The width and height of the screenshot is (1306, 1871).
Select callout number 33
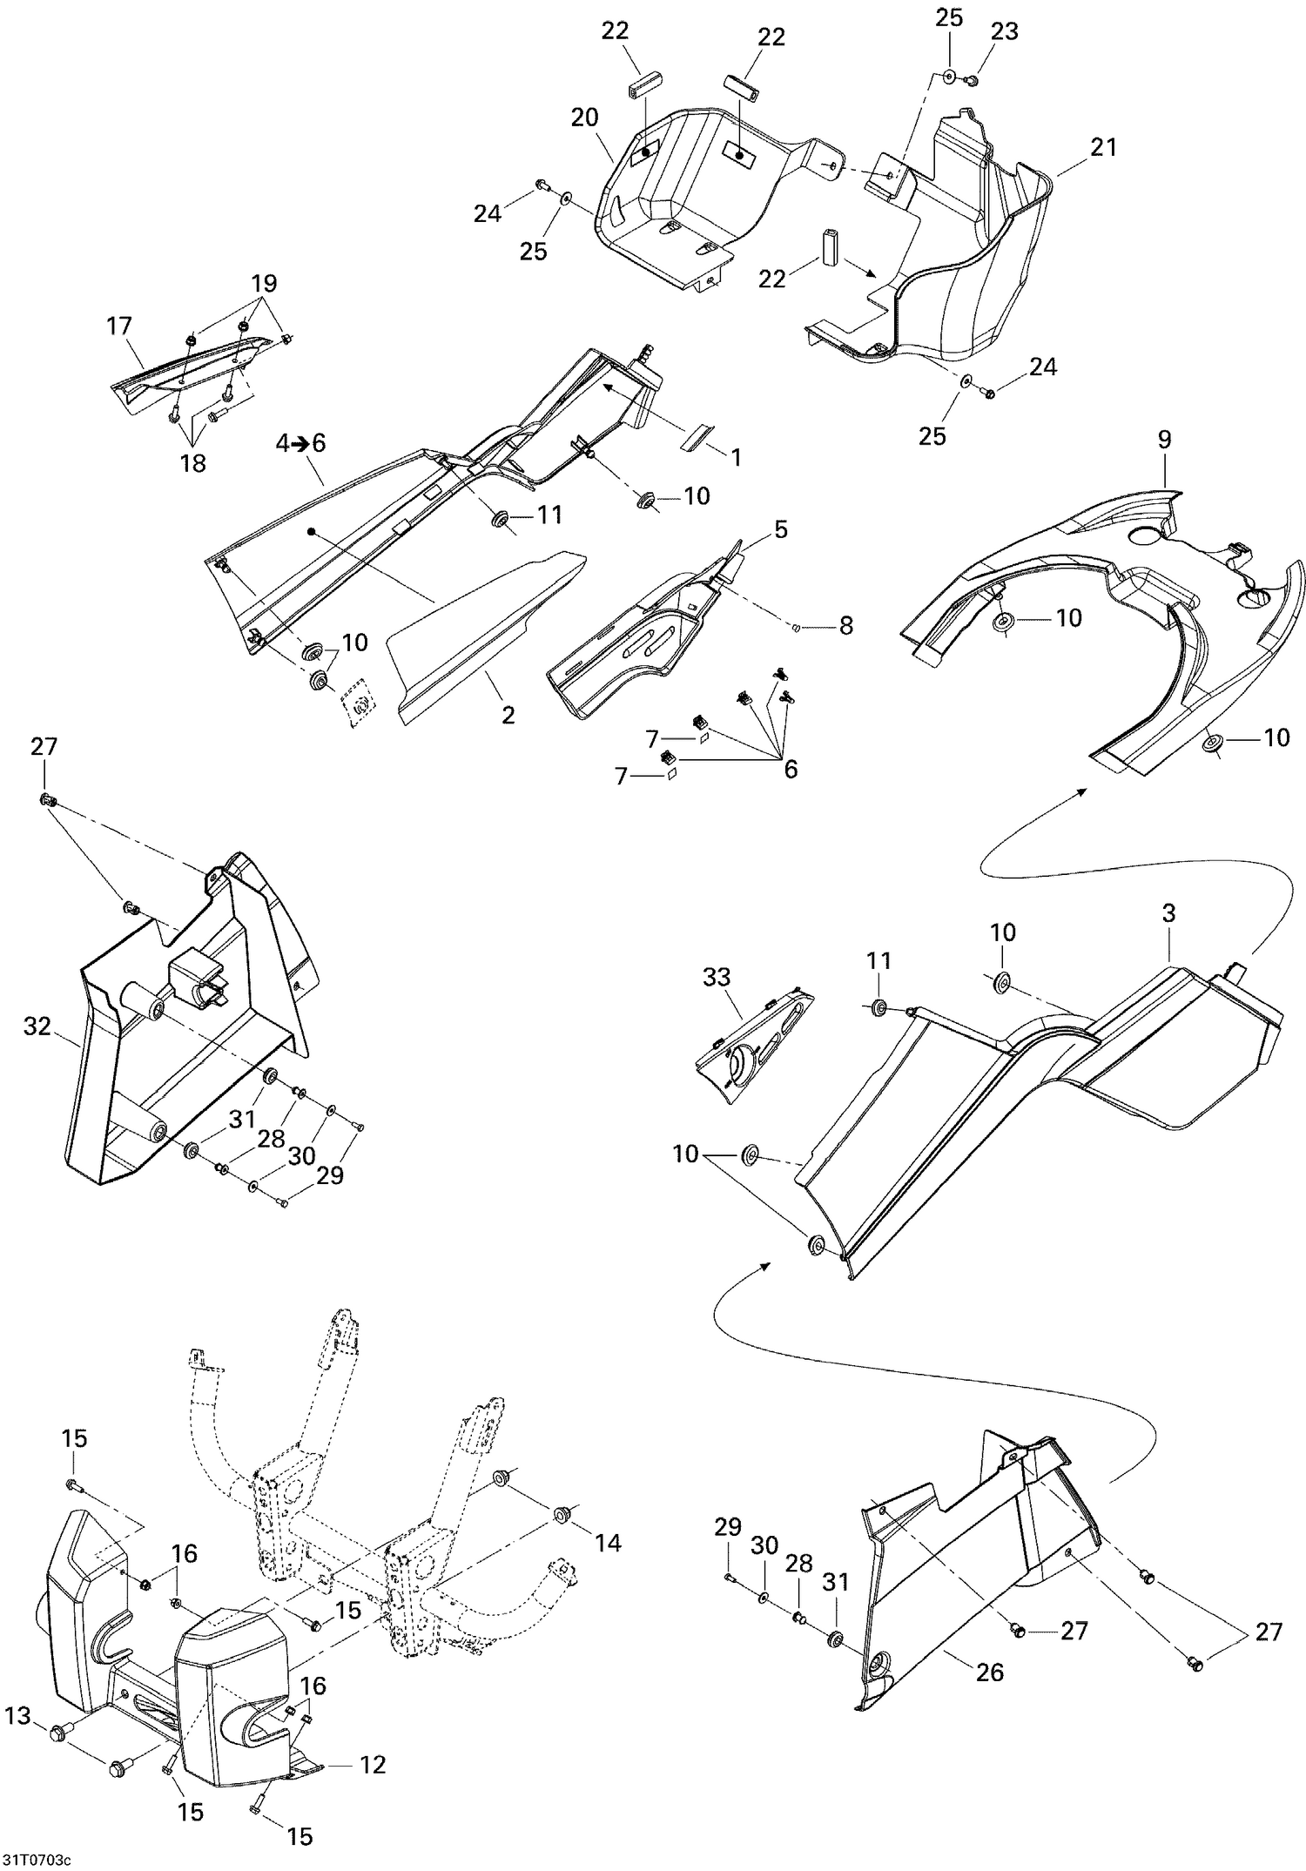717,977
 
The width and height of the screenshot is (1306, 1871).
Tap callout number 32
37,1026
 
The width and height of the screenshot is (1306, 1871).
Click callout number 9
1165,440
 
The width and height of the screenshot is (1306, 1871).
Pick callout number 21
1103,147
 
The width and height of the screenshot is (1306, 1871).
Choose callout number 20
585,118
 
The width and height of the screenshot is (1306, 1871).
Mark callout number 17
119,326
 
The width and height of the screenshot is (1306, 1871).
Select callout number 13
17,1717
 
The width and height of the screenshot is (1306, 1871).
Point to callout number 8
845,625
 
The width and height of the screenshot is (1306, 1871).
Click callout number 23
1004,31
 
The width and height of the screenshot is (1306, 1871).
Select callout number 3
1168,913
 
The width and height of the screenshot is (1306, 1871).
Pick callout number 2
508,715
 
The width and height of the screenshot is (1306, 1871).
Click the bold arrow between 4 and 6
300,443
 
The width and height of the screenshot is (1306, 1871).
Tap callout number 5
781,528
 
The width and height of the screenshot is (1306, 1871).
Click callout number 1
736,457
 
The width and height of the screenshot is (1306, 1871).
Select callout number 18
192,463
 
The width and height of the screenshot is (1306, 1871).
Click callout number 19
264,283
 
